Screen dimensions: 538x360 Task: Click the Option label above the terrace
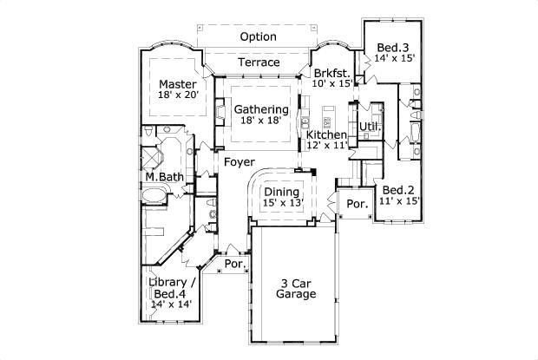point(258,36)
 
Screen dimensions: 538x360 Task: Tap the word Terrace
point(259,62)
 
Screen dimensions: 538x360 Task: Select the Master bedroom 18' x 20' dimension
point(179,95)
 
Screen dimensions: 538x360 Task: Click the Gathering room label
point(261,109)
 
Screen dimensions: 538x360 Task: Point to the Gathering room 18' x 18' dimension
point(261,121)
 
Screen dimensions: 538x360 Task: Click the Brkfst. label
point(332,73)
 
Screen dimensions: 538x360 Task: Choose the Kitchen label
point(326,134)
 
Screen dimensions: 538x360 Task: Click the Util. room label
point(371,127)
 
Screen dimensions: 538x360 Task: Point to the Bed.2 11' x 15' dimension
point(399,200)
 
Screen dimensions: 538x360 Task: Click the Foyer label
point(239,162)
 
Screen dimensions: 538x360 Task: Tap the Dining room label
point(282,192)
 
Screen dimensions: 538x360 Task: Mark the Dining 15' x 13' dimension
point(283,203)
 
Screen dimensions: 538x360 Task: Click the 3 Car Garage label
point(296,289)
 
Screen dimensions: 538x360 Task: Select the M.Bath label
point(165,177)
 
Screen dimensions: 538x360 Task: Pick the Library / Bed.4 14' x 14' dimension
point(171,304)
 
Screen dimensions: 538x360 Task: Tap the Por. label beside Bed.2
point(358,204)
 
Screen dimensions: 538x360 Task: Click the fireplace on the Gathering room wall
point(220,112)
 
